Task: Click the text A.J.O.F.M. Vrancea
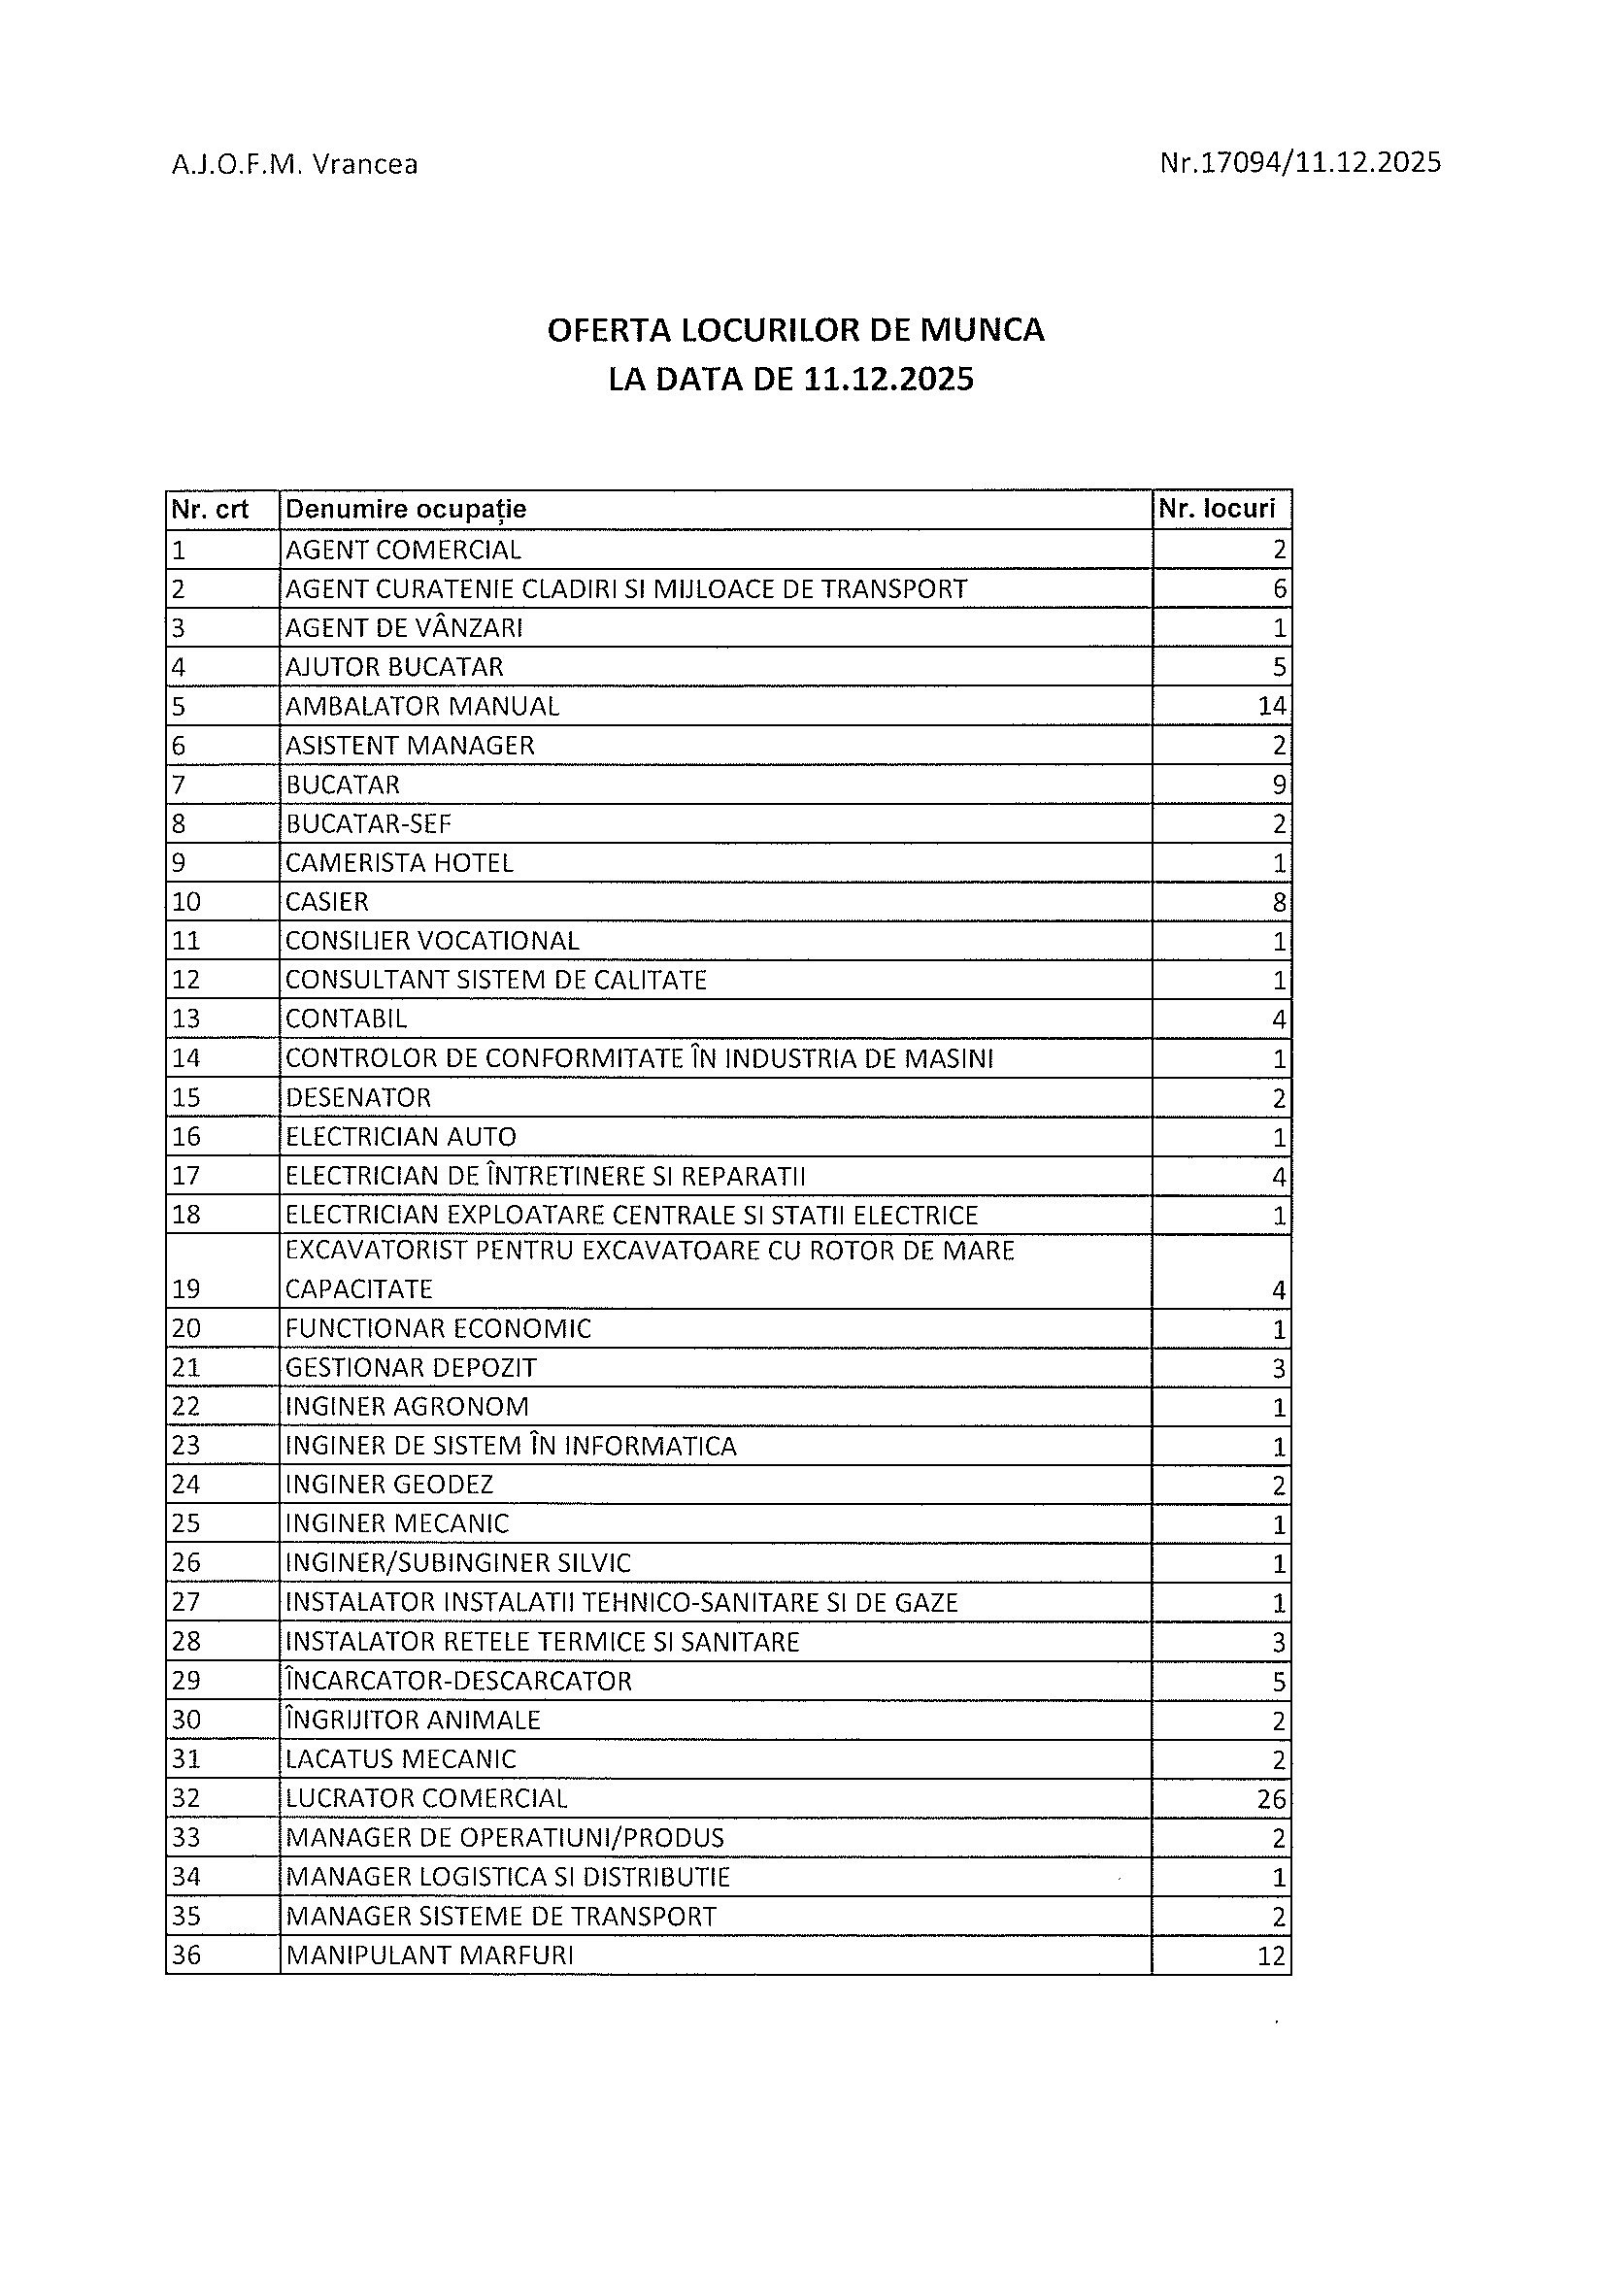tap(294, 164)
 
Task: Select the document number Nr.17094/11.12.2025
tap(1299, 162)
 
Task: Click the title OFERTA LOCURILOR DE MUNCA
tap(795, 329)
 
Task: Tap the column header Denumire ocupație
tap(406, 510)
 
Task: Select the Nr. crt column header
tap(210, 510)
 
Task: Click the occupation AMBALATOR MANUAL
tap(422, 706)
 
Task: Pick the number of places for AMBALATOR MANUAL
tap(1271, 706)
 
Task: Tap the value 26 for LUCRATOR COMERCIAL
tap(1271, 1798)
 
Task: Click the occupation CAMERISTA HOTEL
tap(400, 863)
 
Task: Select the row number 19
tap(186, 1288)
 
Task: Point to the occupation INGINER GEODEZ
tap(389, 1485)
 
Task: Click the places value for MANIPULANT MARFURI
tap(1271, 1955)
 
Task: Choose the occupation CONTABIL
tap(347, 1019)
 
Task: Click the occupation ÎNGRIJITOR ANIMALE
tap(413, 1720)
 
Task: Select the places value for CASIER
tap(1279, 901)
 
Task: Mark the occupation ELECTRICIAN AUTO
tap(401, 1136)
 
